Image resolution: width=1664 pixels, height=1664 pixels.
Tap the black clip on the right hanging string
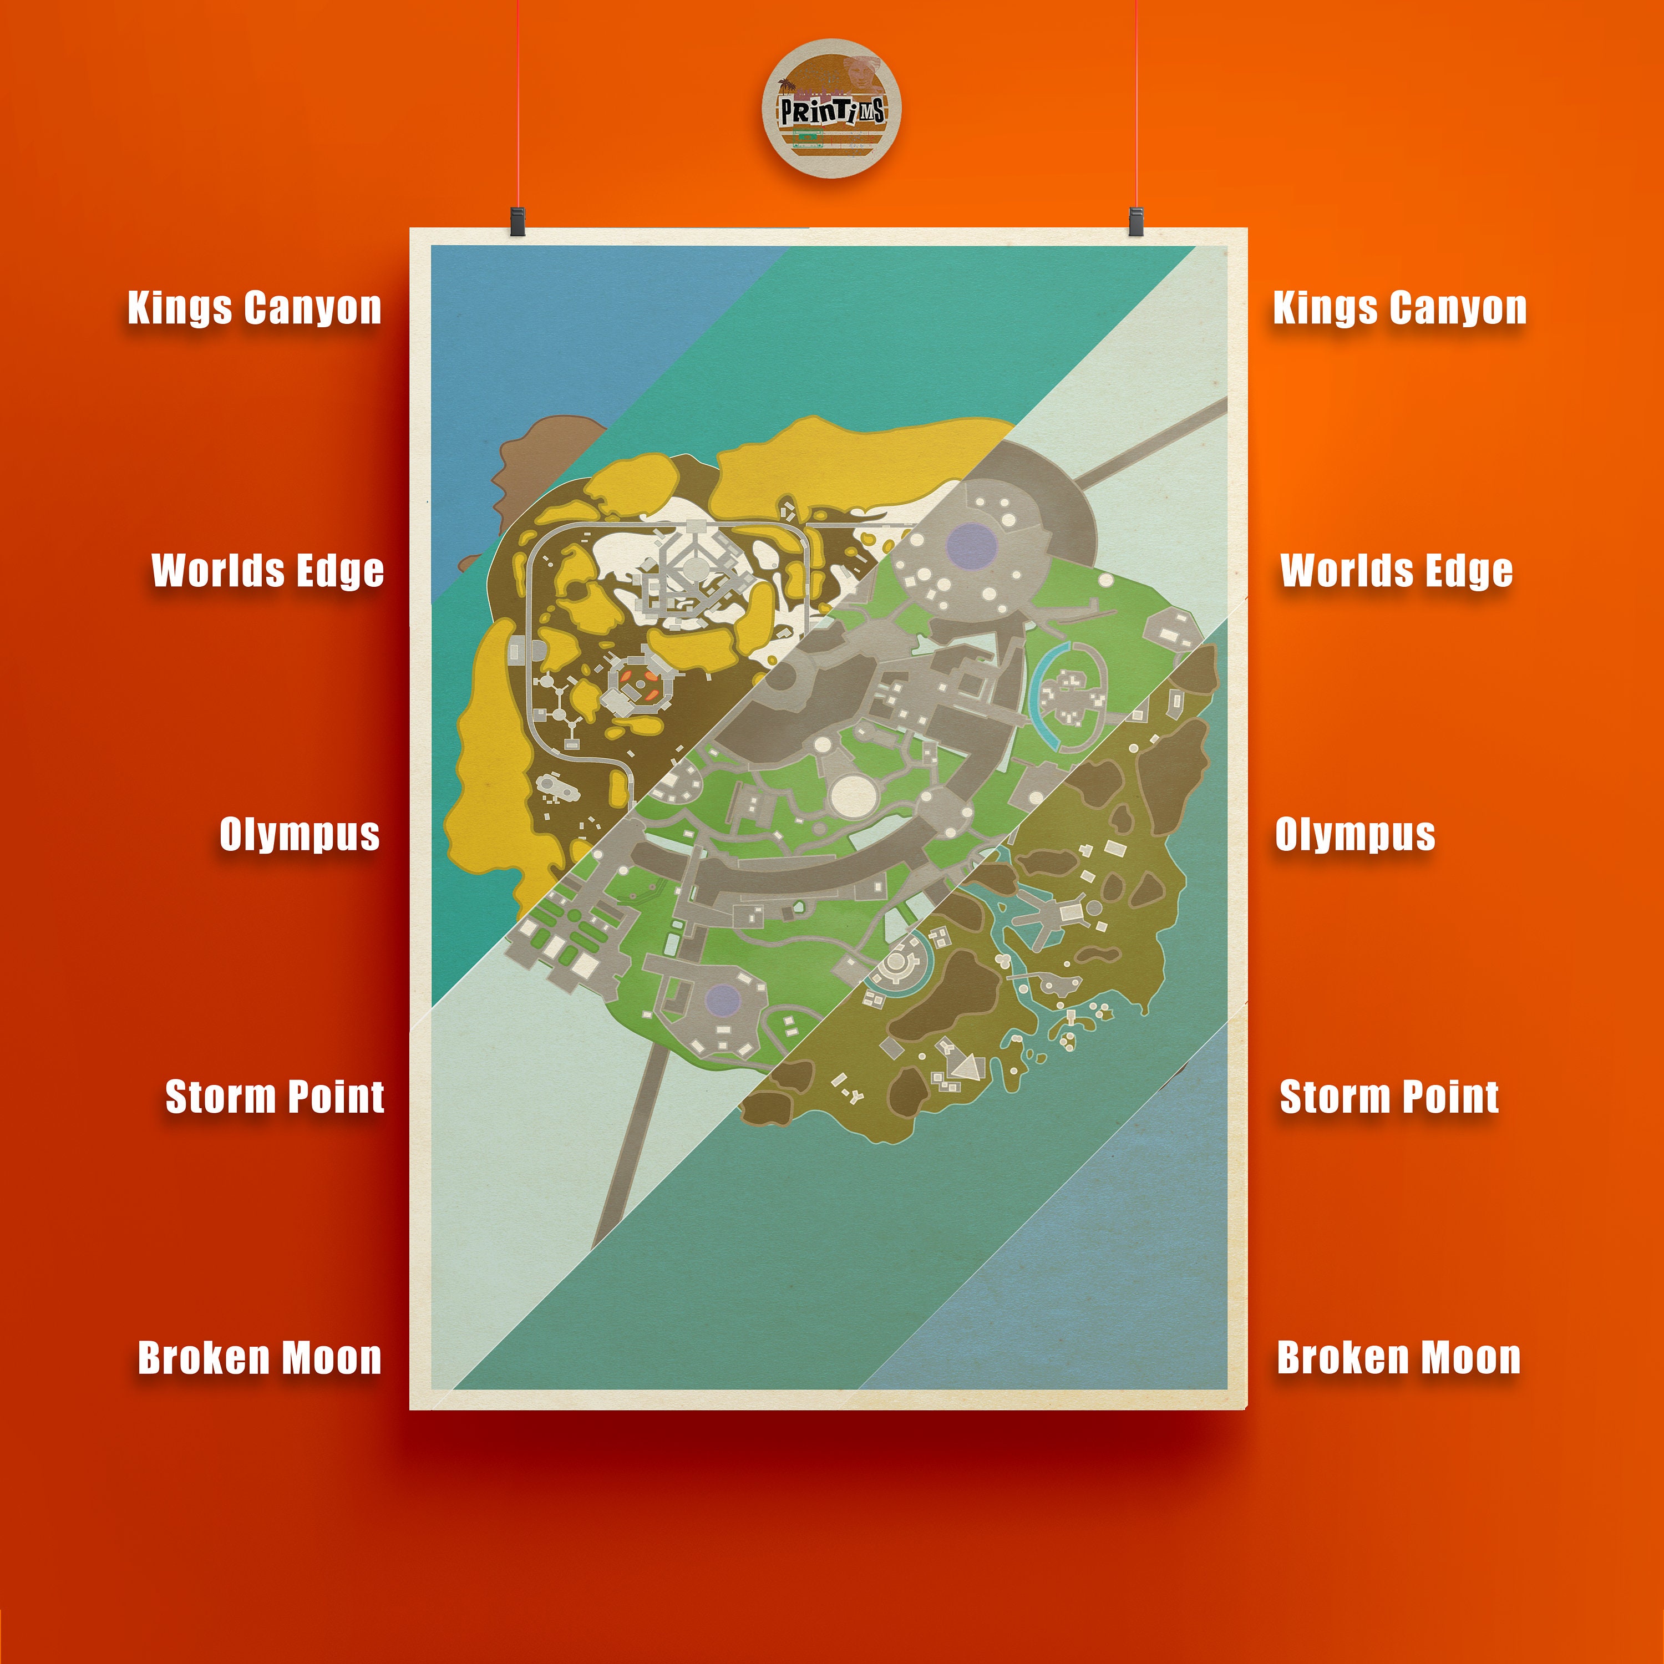(1135, 221)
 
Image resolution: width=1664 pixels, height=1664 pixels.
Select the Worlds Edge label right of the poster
(1396, 571)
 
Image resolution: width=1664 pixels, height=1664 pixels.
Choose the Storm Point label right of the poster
(1388, 1097)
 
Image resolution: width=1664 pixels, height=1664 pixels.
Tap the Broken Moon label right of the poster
(1398, 1358)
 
